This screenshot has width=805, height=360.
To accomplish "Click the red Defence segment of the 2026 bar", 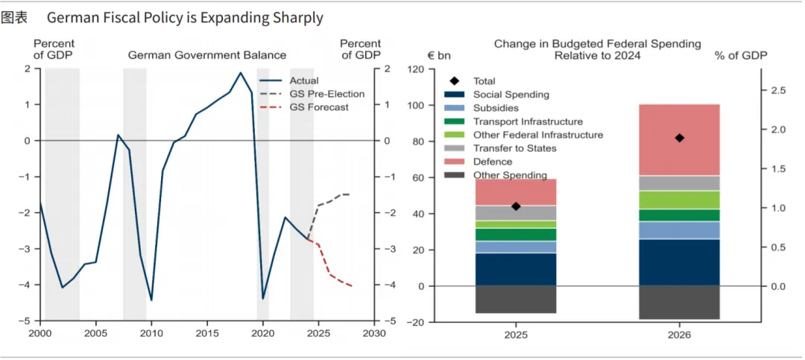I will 679,139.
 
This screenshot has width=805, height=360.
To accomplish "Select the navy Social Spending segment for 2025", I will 516,269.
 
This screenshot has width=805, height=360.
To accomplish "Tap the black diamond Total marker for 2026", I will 679,138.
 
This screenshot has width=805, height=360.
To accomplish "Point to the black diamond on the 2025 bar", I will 516,206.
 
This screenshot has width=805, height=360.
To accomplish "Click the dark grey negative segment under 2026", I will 679,303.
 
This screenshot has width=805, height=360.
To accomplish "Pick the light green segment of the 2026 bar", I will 679,200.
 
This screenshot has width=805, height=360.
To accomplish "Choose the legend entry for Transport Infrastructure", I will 528,121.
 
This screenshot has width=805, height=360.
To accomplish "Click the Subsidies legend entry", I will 496,108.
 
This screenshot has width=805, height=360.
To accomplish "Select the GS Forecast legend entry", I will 318,107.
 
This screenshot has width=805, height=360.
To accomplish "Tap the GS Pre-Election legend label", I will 326,94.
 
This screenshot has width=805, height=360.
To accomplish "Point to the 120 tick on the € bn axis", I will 415,70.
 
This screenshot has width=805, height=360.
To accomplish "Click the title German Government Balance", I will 207,55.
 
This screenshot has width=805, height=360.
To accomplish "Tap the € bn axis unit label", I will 440,55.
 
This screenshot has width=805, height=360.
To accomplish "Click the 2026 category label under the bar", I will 679,335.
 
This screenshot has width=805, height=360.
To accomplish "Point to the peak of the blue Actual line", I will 240,72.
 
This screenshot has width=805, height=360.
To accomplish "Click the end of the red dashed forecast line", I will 352,285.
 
